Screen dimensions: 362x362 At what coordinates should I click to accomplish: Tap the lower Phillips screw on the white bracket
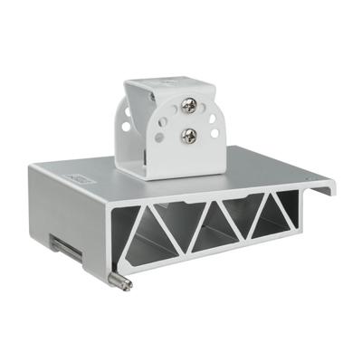[x=190, y=136]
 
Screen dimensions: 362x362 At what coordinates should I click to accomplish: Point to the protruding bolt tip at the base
[x=124, y=284]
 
